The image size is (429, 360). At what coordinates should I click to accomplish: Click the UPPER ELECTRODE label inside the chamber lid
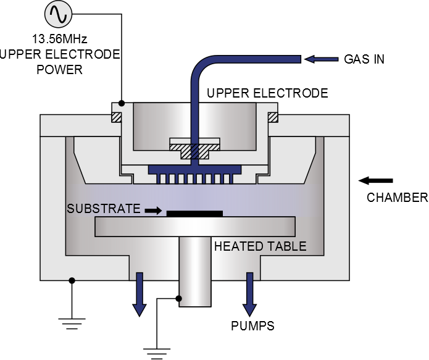point(267,93)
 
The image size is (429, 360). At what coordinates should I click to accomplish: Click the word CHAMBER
point(397,198)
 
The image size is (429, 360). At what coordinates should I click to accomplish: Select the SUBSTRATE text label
point(104,209)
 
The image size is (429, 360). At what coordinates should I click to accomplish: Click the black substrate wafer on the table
point(194,214)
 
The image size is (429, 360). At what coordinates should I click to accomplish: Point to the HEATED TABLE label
point(260,246)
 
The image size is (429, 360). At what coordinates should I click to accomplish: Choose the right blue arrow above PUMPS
point(250,294)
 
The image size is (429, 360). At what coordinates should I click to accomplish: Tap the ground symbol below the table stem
point(157,352)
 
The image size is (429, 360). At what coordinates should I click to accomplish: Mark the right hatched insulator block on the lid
point(272,115)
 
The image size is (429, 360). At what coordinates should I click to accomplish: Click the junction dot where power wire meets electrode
point(122,103)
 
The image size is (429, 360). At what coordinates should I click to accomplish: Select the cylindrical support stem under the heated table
point(194,272)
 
